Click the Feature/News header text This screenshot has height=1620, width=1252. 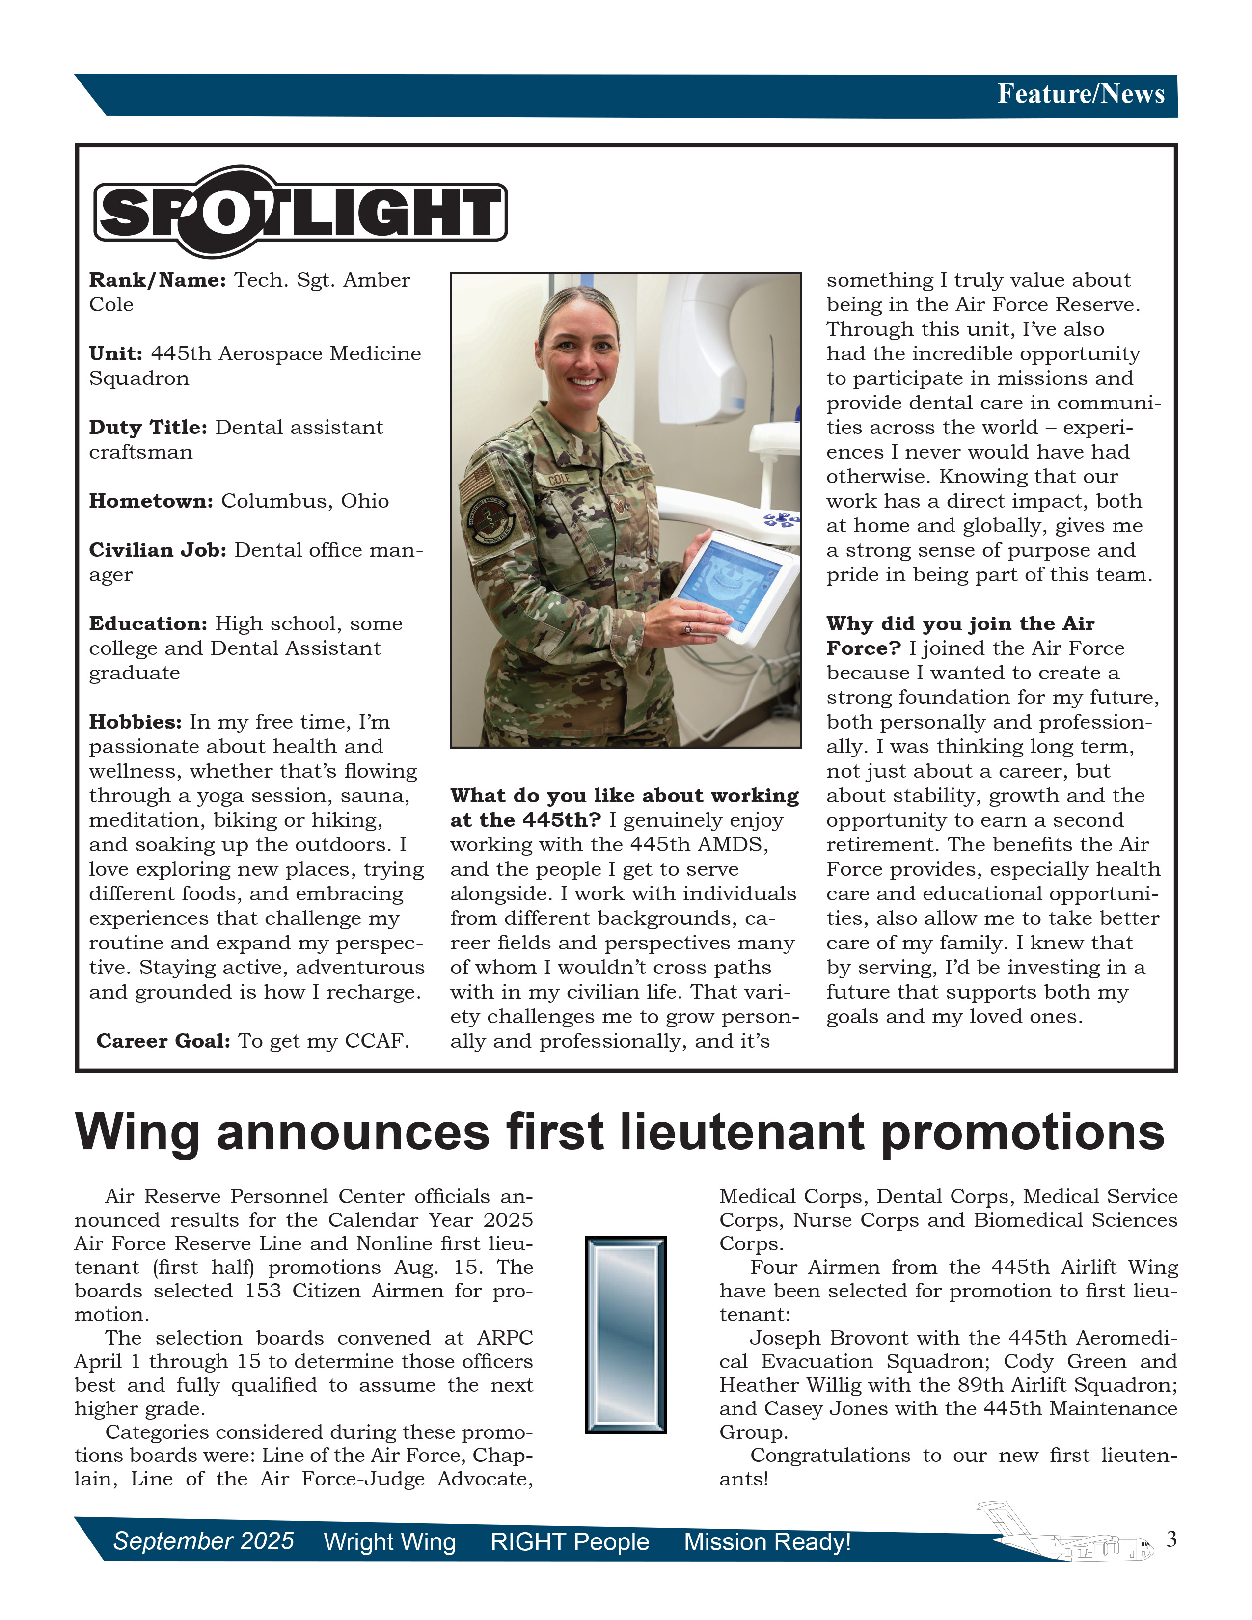tap(1081, 94)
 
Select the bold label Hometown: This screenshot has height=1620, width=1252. tap(151, 501)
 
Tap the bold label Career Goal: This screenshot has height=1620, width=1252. tap(163, 1041)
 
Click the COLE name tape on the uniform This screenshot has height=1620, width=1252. tap(559, 479)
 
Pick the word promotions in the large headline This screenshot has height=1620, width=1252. tap(1023, 1134)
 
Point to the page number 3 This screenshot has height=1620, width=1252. tap(1171, 1539)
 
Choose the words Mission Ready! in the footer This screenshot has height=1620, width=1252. tap(767, 1542)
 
